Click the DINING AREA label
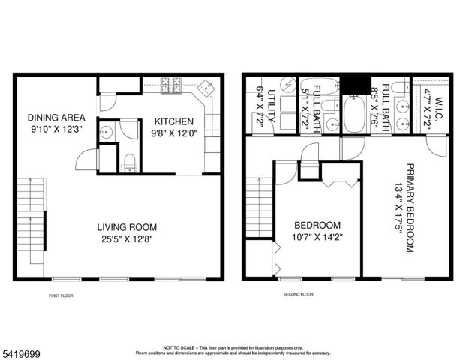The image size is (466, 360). click(x=56, y=117)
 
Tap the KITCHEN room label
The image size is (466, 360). click(x=174, y=121)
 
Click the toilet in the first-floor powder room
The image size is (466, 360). click(x=129, y=160)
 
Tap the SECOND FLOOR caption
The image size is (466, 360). click(x=297, y=295)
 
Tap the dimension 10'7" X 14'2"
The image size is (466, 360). click(x=317, y=239)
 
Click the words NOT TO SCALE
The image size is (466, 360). click(x=178, y=347)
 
